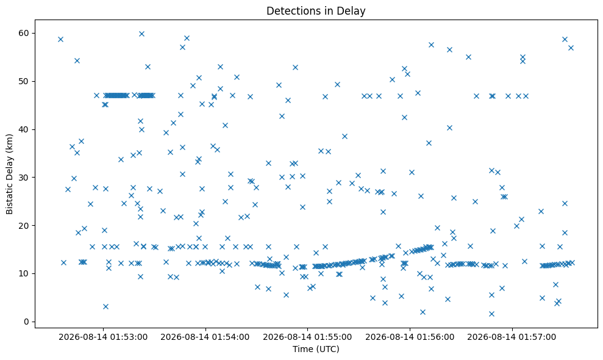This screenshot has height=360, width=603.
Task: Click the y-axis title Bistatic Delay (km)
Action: pos(9,174)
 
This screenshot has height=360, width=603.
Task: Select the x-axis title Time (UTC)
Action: pos(316,349)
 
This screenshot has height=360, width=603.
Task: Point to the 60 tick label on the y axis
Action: pos(24,33)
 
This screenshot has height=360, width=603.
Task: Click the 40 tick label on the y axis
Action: pos(24,129)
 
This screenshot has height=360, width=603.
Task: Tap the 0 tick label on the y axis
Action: pos(27,322)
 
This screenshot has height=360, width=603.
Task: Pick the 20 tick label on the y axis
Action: pos(24,225)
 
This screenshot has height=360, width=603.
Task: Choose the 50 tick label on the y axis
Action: pos(24,81)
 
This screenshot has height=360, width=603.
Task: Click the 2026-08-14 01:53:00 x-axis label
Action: pos(103,337)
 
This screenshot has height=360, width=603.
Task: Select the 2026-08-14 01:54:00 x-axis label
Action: pos(205,337)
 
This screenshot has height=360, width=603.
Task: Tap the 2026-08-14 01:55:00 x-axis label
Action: pos(307,337)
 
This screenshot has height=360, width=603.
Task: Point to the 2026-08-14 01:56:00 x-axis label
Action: pos(410,337)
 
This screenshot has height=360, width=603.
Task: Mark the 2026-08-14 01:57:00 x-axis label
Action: pos(512,337)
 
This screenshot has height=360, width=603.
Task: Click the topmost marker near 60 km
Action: pos(141,34)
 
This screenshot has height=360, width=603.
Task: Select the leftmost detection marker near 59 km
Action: pos(60,39)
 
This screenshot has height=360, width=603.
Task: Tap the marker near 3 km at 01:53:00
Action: pos(105,306)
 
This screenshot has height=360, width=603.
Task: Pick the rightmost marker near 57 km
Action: pos(571,48)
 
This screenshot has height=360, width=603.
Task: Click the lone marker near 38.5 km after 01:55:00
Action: pos(344,136)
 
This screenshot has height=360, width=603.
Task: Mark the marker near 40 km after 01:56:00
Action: pos(449,128)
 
